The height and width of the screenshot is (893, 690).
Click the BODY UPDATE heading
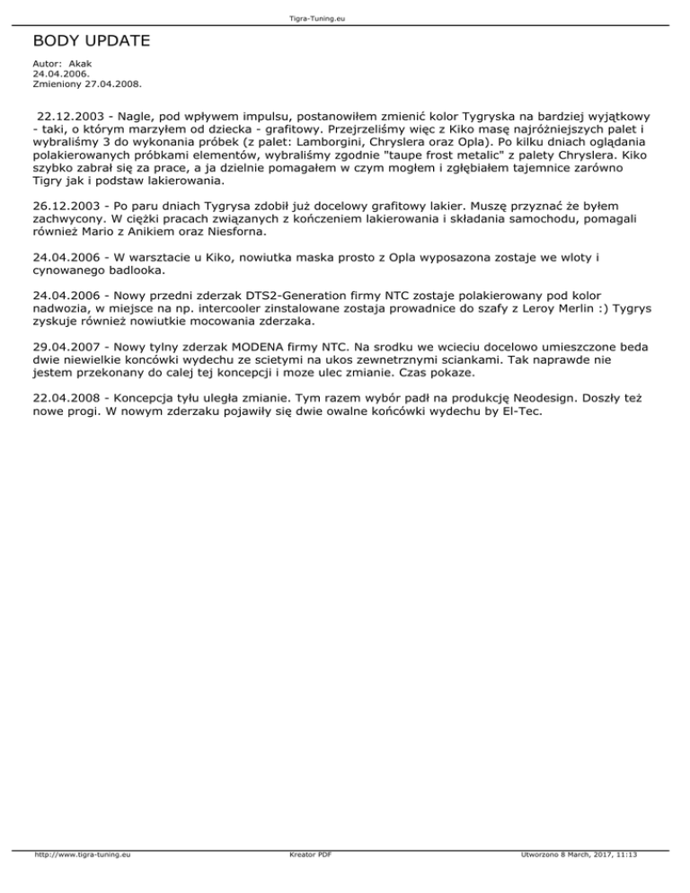91,41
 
